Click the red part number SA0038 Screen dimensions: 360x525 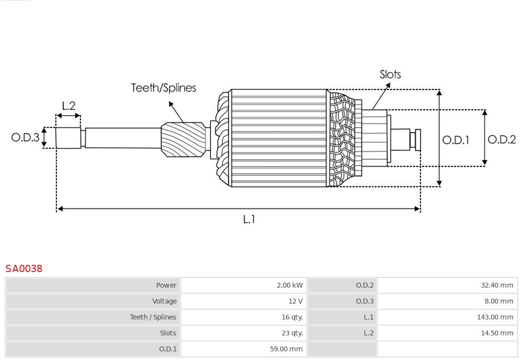pyautogui.click(x=24, y=269)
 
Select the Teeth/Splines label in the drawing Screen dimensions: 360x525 pyautogui.click(x=163, y=88)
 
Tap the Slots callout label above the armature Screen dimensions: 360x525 pyautogui.click(x=390, y=74)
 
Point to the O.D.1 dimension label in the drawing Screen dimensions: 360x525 pyautogui.click(x=455, y=140)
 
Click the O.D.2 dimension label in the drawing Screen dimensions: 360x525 pyautogui.click(x=501, y=140)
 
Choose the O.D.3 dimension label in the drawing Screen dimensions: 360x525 pyautogui.click(x=25, y=137)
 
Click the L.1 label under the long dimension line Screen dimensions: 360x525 pyautogui.click(x=249, y=220)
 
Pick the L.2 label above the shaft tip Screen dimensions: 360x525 pyautogui.click(x=69, y=106)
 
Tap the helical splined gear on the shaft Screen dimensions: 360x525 pyautogui.click(x=183, y=139)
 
